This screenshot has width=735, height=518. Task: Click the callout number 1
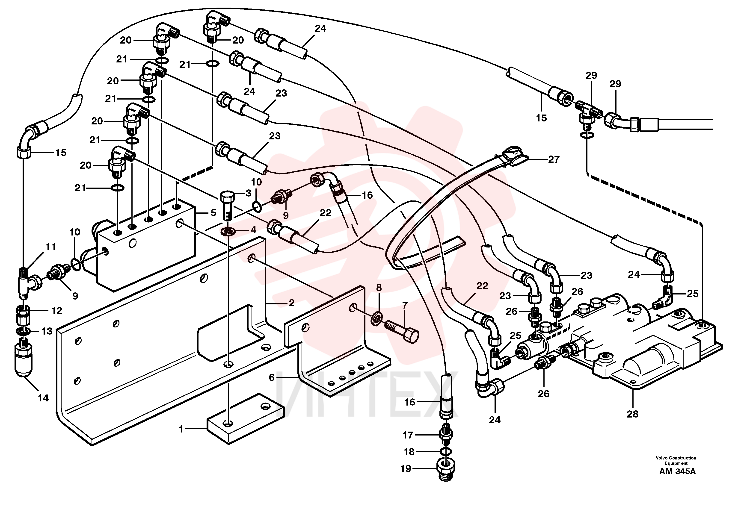click(x=181, y=429)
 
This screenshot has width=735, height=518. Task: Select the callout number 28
click(x=632, y=414)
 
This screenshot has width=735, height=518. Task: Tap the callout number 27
click(x=554, y=159)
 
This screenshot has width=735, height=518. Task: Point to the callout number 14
click(x=43, y=398)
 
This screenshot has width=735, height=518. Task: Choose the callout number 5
click(x=213, y=213)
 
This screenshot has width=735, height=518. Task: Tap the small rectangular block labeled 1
click(x=246, y=419)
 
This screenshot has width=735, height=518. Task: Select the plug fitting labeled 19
click(x=446, y=470)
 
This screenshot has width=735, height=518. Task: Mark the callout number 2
click(x=291, y=303)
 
